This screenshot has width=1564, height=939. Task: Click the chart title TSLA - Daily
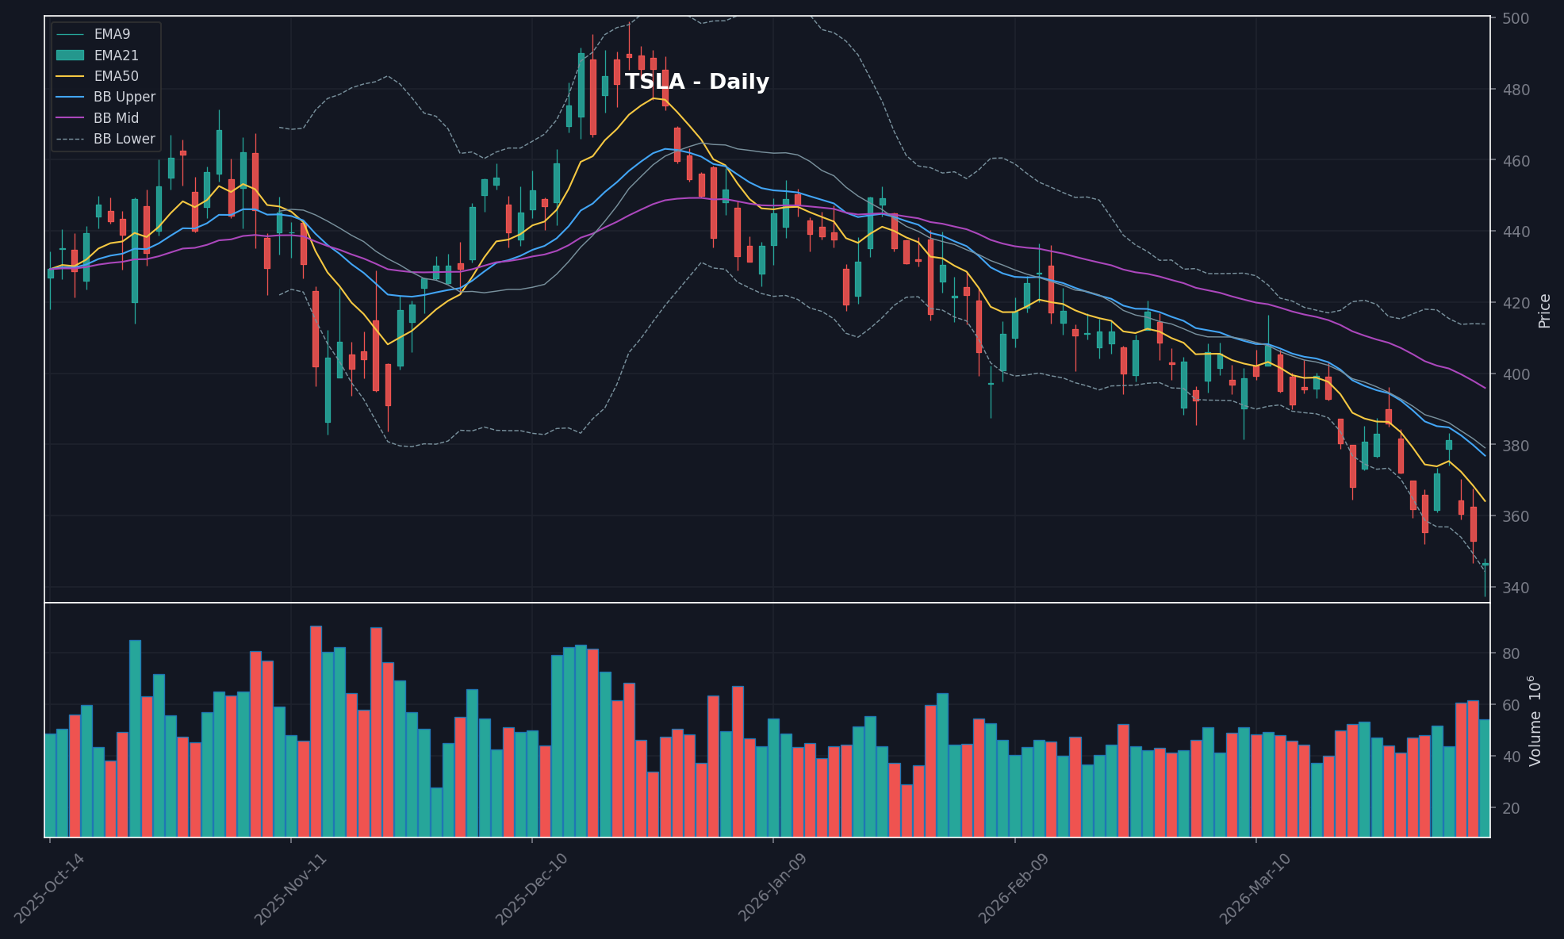point(696,82)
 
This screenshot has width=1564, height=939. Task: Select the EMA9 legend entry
point(112,34)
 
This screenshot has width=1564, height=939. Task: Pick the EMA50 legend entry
point(116,76)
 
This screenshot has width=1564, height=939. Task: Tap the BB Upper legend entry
point(124,97)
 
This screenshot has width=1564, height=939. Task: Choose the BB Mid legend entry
point(116,118)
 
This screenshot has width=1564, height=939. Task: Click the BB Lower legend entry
point(124,139)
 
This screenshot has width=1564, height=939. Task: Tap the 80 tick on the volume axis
point(1510,653)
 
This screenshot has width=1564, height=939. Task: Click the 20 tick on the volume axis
point(1510,808)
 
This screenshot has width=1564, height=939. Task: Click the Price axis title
point(1544,310)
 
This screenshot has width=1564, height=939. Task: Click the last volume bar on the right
point(1484,777)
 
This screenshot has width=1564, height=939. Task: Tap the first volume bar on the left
point(50,784)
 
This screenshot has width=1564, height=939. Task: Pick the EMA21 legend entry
point(116,56)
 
